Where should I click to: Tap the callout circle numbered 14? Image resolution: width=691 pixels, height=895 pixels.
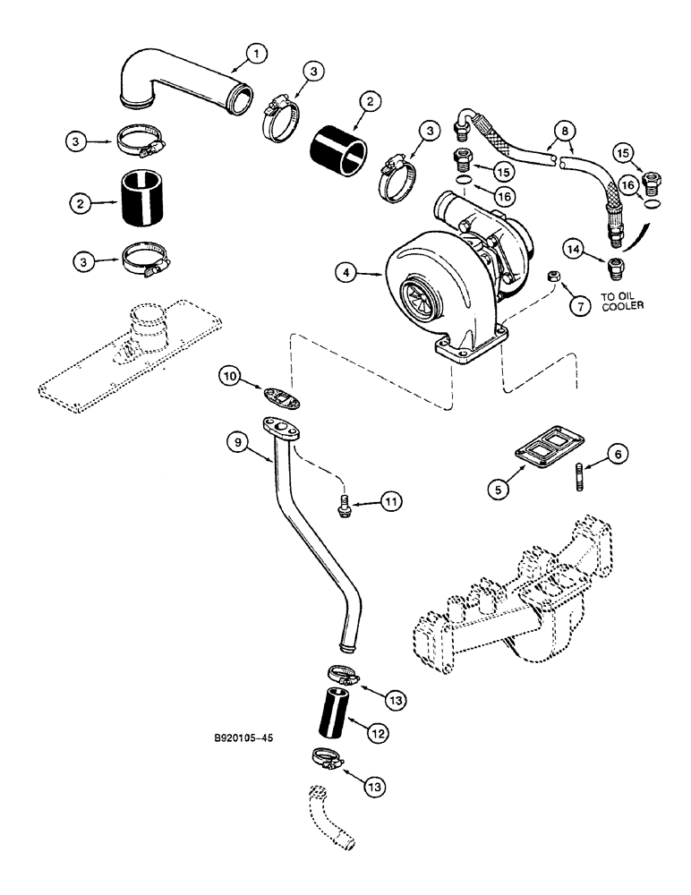(574, 247)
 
